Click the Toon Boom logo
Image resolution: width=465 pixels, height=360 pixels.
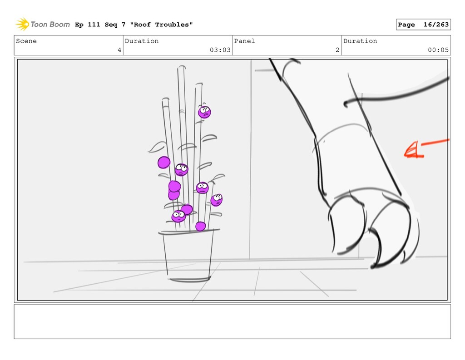point(43,25)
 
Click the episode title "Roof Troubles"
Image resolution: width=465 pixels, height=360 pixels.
point(161,25)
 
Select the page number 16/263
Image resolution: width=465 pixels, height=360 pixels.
point(436,25)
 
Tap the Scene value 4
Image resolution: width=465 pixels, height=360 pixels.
point(119,50)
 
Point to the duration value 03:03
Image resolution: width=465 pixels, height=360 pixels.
point(220,50)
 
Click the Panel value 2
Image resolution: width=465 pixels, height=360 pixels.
point(337,50)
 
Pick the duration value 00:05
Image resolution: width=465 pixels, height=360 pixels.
point(438,50)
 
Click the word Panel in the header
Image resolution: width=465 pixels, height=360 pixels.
point(244,41)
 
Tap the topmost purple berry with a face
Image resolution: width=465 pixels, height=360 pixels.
point(204,112)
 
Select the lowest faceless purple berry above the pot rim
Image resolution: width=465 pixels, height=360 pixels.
point(200,226)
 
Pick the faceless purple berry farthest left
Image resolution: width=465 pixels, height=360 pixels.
point(163,163)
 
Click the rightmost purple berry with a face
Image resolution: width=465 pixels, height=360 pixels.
point(217,200)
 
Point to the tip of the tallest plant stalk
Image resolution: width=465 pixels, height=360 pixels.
point(182,66)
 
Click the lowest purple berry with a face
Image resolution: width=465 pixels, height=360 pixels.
point(178,216)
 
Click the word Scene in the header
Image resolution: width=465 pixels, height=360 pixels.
point(26,41)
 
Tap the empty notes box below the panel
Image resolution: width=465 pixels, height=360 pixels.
point(232,321)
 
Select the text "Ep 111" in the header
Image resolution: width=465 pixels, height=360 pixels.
point(88,25)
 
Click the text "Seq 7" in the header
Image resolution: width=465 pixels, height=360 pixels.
point(115,25)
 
